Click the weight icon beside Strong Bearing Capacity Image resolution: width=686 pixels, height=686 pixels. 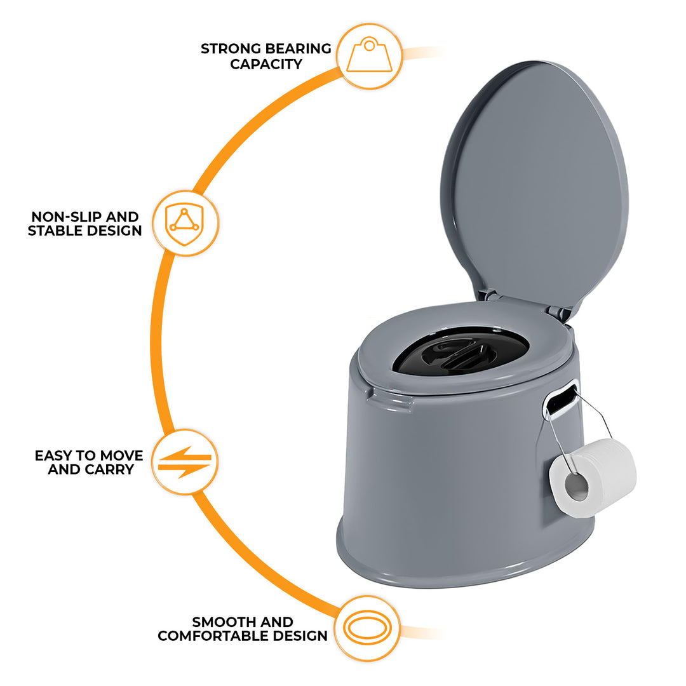point(369,55)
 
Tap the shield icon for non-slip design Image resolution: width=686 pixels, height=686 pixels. point(185,223)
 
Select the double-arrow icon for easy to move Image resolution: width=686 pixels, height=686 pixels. point(185,462)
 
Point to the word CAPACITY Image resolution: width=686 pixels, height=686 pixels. point(266,64)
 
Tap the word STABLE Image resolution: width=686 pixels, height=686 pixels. point(52,231)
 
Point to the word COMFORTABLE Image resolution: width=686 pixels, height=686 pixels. point(213,636)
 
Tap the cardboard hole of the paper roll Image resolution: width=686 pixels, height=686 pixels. point(577,487)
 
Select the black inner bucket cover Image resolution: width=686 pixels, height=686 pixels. point(460,351)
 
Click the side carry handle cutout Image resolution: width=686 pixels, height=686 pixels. point(560,401)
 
